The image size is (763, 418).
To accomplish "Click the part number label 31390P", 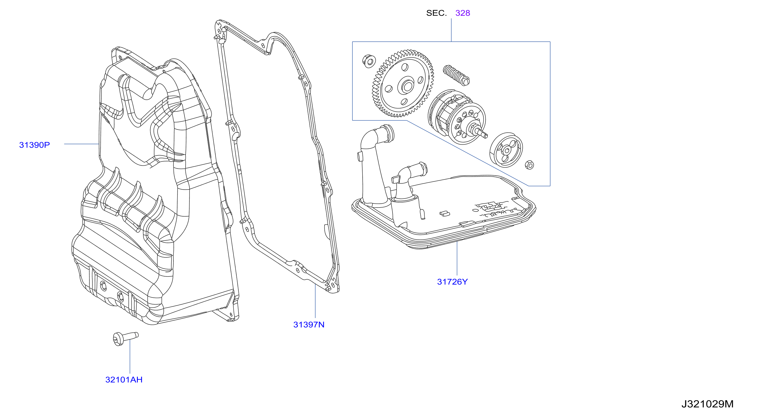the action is (34, 145).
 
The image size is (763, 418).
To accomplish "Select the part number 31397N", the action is (309, 324).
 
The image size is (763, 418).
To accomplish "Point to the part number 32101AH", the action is (124, 379).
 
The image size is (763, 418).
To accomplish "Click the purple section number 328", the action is (463, 13).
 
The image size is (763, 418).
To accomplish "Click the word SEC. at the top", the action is (436, 13).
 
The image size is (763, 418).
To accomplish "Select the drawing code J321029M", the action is (707, 404).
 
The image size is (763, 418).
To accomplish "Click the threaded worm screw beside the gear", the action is (456, 75).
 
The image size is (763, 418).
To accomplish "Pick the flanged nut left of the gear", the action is (369, 61).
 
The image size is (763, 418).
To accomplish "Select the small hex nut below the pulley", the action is (529, 165).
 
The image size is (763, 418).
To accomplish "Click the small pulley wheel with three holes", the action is (506, 150).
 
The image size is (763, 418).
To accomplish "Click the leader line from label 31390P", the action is (81, 144).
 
